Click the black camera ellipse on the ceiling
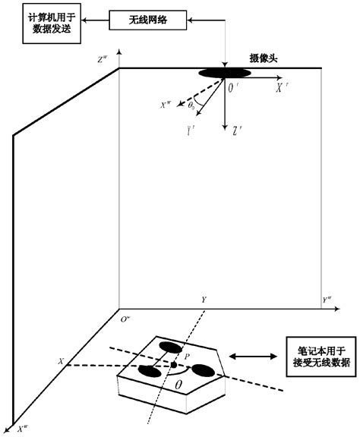click(225, 73)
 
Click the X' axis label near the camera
click(281, 89)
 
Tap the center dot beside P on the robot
click(174, 365)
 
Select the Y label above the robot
click(203, 301)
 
